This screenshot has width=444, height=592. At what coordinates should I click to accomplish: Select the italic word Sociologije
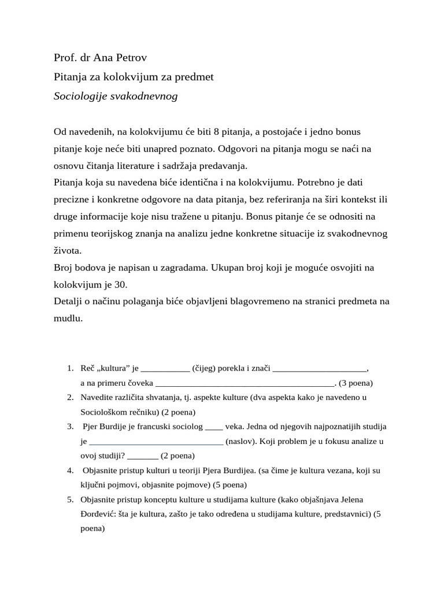pos(80,96)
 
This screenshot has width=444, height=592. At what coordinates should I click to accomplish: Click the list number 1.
pos(69,368)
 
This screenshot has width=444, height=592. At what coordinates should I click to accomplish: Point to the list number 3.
pos(69,427)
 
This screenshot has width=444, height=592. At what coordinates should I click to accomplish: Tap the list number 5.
pos(69,499)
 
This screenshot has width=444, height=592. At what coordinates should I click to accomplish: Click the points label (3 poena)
pos(356,383)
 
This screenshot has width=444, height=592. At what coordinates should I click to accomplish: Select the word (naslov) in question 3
pos(241,441)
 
